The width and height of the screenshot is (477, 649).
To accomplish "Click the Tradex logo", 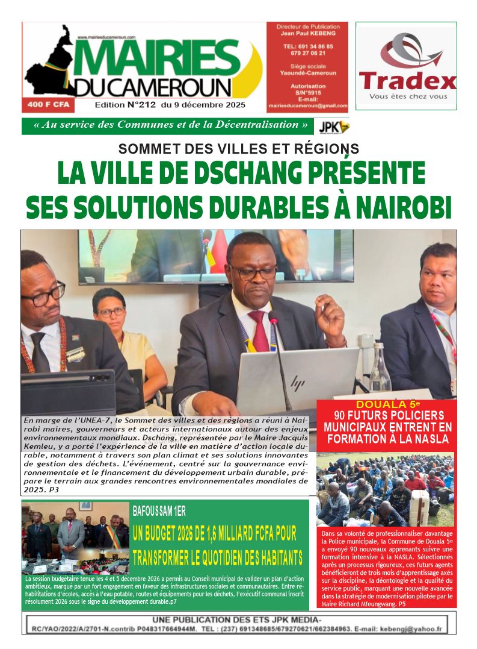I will click(x=407, y=66).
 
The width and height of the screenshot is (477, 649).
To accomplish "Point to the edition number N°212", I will click(x=138, y=105).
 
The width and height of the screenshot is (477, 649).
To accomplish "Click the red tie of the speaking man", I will click(x=259, y=329).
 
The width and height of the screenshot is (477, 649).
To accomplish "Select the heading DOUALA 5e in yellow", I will click(x=385, y=404).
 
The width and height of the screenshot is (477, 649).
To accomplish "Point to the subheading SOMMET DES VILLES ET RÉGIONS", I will click(x=238, y=148).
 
